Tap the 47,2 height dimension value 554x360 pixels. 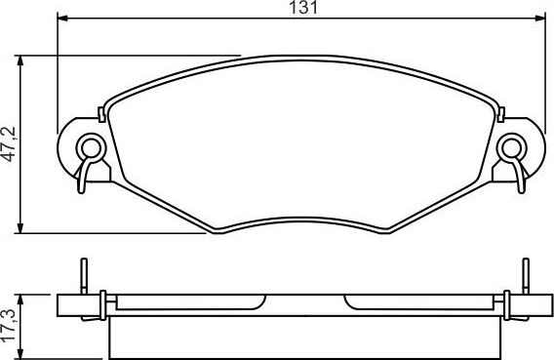click(9, 143)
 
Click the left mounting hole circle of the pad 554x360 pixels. click(92, 148)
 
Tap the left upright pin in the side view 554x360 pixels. click(85, 275)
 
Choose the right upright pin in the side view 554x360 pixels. click(525, 275)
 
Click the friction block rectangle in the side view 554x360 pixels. click(306, 337)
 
